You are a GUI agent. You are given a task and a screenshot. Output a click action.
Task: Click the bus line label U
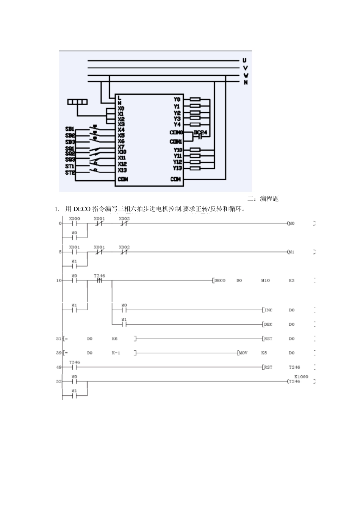pyautogui.click(x=245, y=61)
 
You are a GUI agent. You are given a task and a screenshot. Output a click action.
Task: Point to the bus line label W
pyautogui.click(x=246, y=75)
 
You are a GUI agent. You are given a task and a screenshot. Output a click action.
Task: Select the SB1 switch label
pyautogui.click(x=70, y=129)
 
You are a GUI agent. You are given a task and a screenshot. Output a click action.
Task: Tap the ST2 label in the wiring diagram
pyautogui.click(x=70, y=173)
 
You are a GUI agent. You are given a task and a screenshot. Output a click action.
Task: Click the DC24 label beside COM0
pyautogui.click(x=200, y=132)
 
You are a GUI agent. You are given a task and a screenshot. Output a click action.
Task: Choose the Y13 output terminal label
pyautogui.click(x=177, y=168)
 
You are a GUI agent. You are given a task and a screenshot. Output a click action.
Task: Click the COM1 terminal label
pyautogui.click(x=176, y=142)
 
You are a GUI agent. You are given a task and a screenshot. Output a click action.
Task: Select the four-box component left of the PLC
pyautogui.click(x=77, y=101)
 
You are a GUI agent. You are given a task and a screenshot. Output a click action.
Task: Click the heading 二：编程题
pyautogui.click(x=263, y=199)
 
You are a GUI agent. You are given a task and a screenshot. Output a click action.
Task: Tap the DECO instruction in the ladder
pyautogui.click(x=220, y=281)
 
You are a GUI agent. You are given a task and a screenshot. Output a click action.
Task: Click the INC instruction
pyautogui.click(x=268, y=310)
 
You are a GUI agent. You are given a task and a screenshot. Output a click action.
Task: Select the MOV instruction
pyautogui.click(x=243, y=353)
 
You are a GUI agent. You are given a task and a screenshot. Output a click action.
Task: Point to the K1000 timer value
pyautogui.click(x=301, y=377)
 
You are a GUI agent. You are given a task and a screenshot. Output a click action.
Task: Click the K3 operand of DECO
pyautogui.click(x=291, y=281)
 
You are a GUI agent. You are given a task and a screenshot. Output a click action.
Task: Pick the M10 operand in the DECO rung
pyautogui.click(x=265, y=281)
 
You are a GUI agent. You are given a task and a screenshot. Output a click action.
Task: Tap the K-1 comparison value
pyautogui.click(x=116, y=353)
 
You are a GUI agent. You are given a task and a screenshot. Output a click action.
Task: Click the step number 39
pyautogui.click(x=59, y=353)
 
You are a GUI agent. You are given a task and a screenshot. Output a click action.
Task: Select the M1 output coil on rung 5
pyautogui.click(x=291, y=252)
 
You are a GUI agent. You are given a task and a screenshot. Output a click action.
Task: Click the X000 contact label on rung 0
pyautogui.click(x=74, y=219)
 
